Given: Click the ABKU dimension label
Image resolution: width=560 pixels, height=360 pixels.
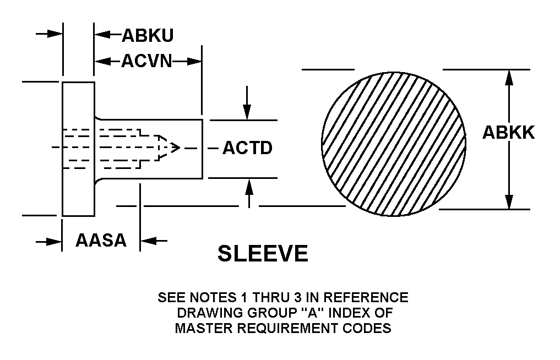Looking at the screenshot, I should (x=147, y=35).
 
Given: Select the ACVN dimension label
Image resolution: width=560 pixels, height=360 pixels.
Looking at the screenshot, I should (x=146, y=61).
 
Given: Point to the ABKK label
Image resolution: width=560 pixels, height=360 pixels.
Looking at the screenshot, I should (x=508, y=133).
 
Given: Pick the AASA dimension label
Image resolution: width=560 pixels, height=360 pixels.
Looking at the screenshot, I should (x=101, y=241).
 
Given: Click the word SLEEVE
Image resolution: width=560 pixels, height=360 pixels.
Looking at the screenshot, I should (x=263, y=254).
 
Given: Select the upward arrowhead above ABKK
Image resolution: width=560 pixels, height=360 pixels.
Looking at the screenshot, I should (x=509, y=77).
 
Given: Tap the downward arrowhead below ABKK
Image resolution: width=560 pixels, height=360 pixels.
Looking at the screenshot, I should (x=509, y=202).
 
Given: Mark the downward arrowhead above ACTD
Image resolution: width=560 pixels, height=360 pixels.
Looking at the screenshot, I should (x=247, y=113).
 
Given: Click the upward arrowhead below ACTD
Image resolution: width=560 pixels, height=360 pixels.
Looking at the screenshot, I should (x=249, y=186).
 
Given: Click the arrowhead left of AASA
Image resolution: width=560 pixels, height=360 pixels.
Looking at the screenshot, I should (x=54, y=241).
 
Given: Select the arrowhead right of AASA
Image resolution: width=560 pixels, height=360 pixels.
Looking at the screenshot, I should (x=148, y=241).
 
